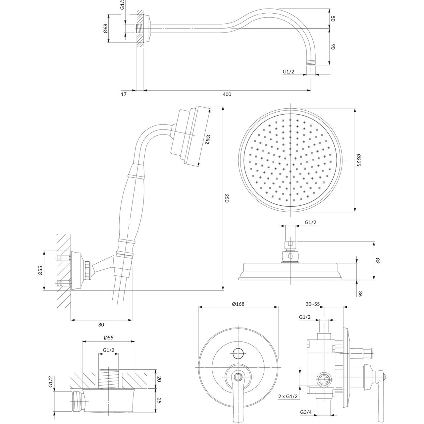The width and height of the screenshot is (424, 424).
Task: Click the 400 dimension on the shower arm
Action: pos(227,94)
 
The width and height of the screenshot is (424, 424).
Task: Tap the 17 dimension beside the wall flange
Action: pos(124,94)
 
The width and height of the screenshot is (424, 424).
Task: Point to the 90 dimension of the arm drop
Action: pos(333,47)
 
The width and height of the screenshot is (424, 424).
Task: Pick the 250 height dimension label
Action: pos(227,199)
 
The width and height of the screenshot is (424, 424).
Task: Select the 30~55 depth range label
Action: pos(313,303)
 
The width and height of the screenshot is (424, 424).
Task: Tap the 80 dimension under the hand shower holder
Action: pos(101,325)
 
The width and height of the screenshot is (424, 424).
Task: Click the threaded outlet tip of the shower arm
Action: pos(310,62)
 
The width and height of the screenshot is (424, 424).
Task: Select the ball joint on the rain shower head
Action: pos(291,256)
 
